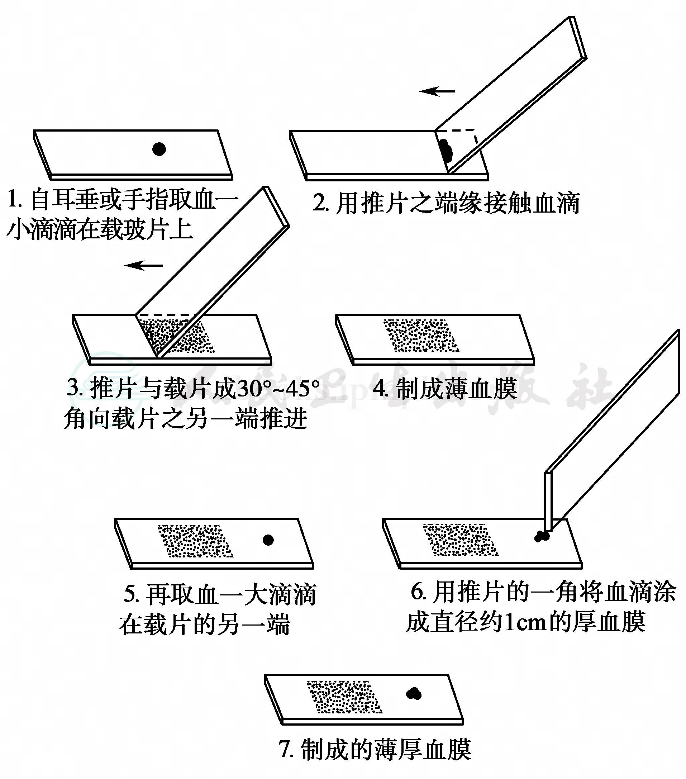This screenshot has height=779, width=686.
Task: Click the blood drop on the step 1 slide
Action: (159, 149)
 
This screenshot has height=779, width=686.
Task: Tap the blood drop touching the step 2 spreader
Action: (445, 150)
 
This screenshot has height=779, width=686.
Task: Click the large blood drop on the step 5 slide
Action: (268, 540)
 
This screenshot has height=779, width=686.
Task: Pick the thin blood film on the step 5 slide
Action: (195, 541)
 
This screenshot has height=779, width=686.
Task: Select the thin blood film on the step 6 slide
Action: (461, 540)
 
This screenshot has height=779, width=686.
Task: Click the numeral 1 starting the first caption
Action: (12, 200)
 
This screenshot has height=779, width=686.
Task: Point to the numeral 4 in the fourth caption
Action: (380, 388)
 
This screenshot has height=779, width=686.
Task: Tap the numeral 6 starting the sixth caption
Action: (417, 592)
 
